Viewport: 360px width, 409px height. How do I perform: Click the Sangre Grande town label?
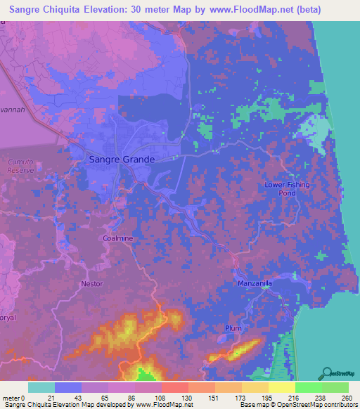[122, 160]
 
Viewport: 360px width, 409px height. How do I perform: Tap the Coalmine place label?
[117, 238]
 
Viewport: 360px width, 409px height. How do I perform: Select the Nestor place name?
[91, 284]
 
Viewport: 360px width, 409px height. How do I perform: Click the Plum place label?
[233, 328]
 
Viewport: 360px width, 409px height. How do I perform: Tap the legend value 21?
[51, 398]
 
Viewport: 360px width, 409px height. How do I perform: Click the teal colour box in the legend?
[41, 387]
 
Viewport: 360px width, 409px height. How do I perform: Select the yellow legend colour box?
[281, 387]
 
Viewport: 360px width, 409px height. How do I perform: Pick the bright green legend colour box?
[308, 387]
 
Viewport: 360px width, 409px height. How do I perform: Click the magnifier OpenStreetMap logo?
[328, 372]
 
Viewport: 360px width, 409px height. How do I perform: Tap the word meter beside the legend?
[11, 398]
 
